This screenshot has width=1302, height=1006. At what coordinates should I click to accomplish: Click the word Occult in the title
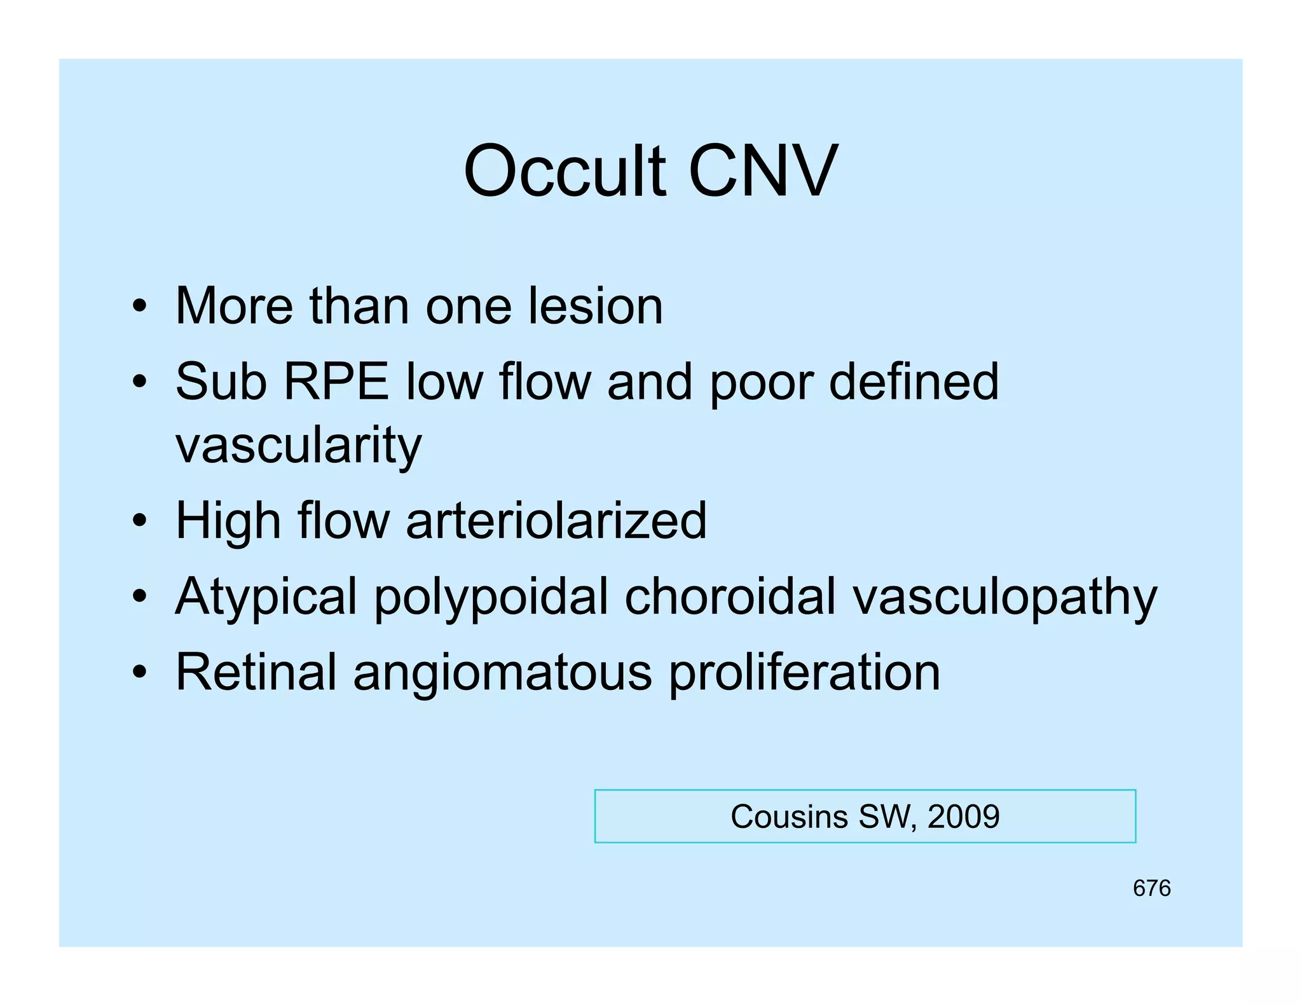click(x=565, y=172)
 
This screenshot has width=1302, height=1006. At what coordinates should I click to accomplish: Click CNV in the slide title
click(x=763, y=172)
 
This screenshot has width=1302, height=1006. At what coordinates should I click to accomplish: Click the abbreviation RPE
click(x=336, y=382)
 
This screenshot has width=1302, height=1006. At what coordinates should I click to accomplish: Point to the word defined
click(x=914, y=382)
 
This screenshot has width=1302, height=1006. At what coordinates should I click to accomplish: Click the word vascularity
click(x=298, y=445)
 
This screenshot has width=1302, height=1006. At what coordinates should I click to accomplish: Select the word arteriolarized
click(x=556, y=521)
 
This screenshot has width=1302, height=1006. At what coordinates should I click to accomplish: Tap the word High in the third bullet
click(x=228, y=521)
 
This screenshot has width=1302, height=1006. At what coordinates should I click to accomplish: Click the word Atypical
click(x=266, y=598)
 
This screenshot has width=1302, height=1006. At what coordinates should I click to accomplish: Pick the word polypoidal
click(x=491, y=598)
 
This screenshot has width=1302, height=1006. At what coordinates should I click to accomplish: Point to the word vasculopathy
click(x=1005, y=598)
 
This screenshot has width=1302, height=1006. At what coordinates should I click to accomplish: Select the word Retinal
click(x=256, y=672)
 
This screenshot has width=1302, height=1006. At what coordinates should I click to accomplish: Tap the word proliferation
click(x=804, y=673)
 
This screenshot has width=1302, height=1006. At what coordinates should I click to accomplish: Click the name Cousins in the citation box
click(x=789, y=817)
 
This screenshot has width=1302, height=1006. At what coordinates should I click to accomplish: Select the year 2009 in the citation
click(x=963, y=817)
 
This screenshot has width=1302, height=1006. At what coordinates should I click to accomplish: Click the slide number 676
click(x=1151, y=888)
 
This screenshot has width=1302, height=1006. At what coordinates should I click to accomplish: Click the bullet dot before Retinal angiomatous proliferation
click(x=140, y=672)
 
